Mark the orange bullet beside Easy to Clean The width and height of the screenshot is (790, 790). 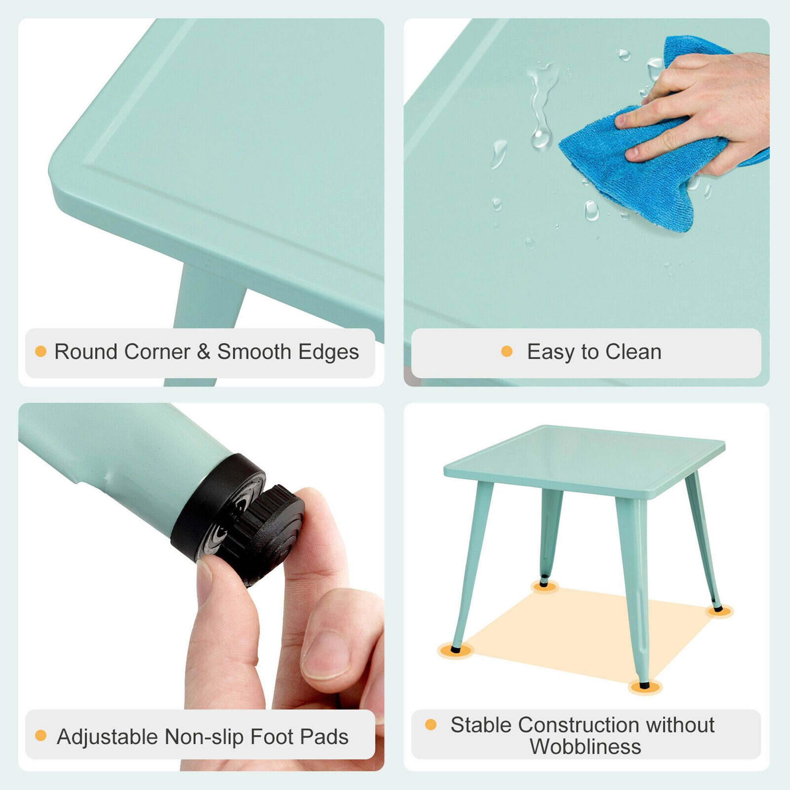click(507, 352)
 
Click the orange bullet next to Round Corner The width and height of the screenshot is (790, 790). click(40, 352)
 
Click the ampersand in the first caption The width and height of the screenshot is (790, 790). click(204, 352)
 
